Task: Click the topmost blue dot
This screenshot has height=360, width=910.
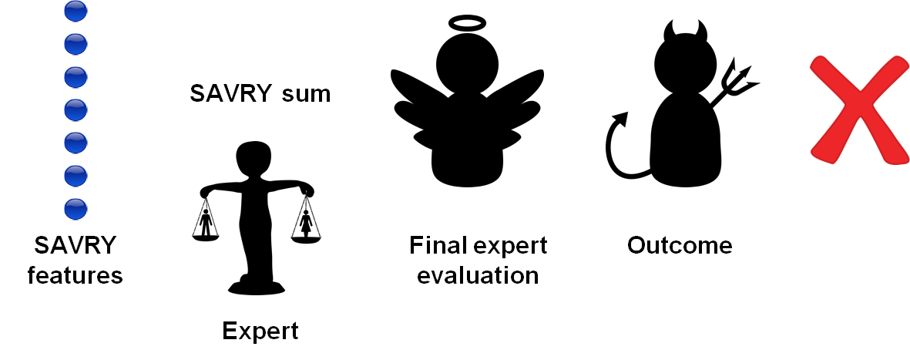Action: coord(75,12)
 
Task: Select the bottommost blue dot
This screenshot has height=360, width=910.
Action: coord(75,209)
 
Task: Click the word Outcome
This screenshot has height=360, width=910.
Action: coord(679,246)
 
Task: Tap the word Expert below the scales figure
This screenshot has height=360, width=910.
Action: coord(260,331)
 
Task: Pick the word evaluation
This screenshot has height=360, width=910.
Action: coord(478,275)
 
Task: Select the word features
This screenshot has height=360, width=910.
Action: coord(75,275)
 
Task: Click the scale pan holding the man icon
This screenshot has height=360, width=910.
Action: coord(206,237)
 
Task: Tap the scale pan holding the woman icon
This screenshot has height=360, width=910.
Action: coord(306,238)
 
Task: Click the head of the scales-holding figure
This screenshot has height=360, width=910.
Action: coord(254,160)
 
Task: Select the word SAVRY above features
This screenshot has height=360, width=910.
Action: coord(75,247)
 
